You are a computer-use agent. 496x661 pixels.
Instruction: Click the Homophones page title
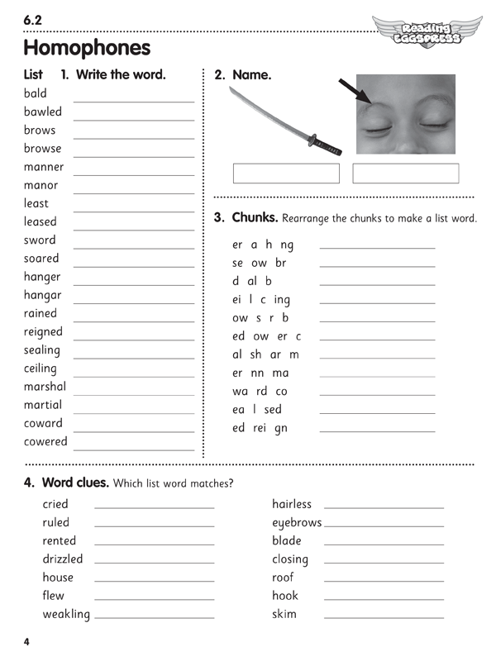coord(87,47)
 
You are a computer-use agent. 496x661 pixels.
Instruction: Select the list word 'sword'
coord(41,240)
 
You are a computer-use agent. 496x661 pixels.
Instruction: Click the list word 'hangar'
coord(43,295)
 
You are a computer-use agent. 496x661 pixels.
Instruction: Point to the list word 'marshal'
coord(45,387)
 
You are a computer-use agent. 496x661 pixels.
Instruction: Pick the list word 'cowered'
coord(46,441)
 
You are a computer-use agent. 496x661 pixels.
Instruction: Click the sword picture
coord(284,121)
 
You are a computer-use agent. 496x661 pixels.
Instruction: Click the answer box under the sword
coord(286,174)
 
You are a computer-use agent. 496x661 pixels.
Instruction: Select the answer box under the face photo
coord(405,174)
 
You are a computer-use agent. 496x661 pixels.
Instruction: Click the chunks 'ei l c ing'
coord(261,300)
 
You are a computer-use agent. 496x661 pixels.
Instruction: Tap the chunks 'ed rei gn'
coord(260,428)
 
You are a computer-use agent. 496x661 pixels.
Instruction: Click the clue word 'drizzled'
coord(63,559)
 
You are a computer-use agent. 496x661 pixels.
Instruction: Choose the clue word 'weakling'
coord(66,614)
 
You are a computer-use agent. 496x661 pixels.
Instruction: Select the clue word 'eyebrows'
coord(297,523)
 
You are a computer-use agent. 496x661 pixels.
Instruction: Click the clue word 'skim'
coord(284,614)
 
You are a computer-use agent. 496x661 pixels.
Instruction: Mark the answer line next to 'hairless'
coord(384,506)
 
